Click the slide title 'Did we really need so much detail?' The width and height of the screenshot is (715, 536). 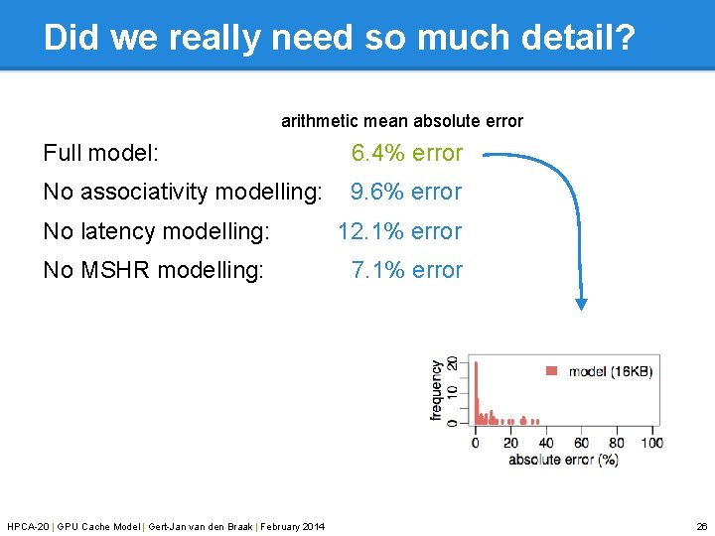[x=340, y=37]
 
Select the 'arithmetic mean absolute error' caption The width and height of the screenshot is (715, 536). [x=401, y=121]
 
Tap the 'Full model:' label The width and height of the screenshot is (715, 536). [x=101, y=153]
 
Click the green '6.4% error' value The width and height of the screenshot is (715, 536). [x=406, y=153]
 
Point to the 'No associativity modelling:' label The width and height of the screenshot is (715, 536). [x=183, y=192]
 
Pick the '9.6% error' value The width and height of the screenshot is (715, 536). [x=406, y=192]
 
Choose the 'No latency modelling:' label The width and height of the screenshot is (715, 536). [x=156, y=231]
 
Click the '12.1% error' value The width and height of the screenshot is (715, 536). [x=399, y=231]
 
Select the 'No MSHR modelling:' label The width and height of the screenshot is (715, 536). [x=153, y=270]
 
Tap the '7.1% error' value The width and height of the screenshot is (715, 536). [x=406, y=270]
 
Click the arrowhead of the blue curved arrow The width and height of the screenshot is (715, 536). [x=583, y=304]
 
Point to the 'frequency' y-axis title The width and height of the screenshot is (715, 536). [x=437, y=390]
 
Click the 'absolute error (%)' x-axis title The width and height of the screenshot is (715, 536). [x=563, y=460]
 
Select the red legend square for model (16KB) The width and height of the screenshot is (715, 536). [x=552, y=371]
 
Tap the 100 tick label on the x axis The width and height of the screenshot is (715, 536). [x=651, y=443]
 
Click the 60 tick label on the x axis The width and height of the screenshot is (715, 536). [x=581, y=443]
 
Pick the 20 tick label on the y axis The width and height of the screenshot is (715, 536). [x=453, y=364]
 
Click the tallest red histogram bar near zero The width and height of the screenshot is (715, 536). [x=476, y=392]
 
